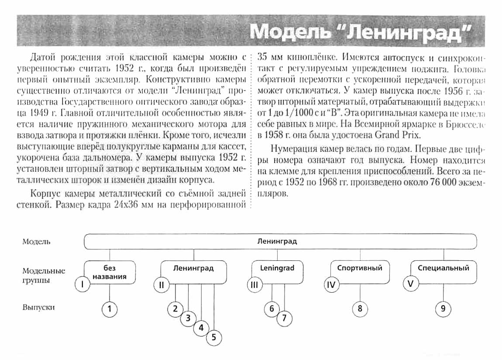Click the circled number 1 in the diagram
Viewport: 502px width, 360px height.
click(x=110, y=309)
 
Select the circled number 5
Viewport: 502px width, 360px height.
click(x=214, y=337)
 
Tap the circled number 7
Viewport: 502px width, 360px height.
click(x=284, y=318)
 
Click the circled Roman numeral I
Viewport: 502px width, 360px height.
click(x=83, y=285)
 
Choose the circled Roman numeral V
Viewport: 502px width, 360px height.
click(x=410, y=284)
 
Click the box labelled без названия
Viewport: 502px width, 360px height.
click(x=110, y=272)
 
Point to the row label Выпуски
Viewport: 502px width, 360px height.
click(x=38, y=307)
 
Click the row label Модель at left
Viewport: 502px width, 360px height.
click(x=36, y=241)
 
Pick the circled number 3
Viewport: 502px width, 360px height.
click(x=188, y=318)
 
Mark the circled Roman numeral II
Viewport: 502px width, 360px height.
click(x=161, y=285)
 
